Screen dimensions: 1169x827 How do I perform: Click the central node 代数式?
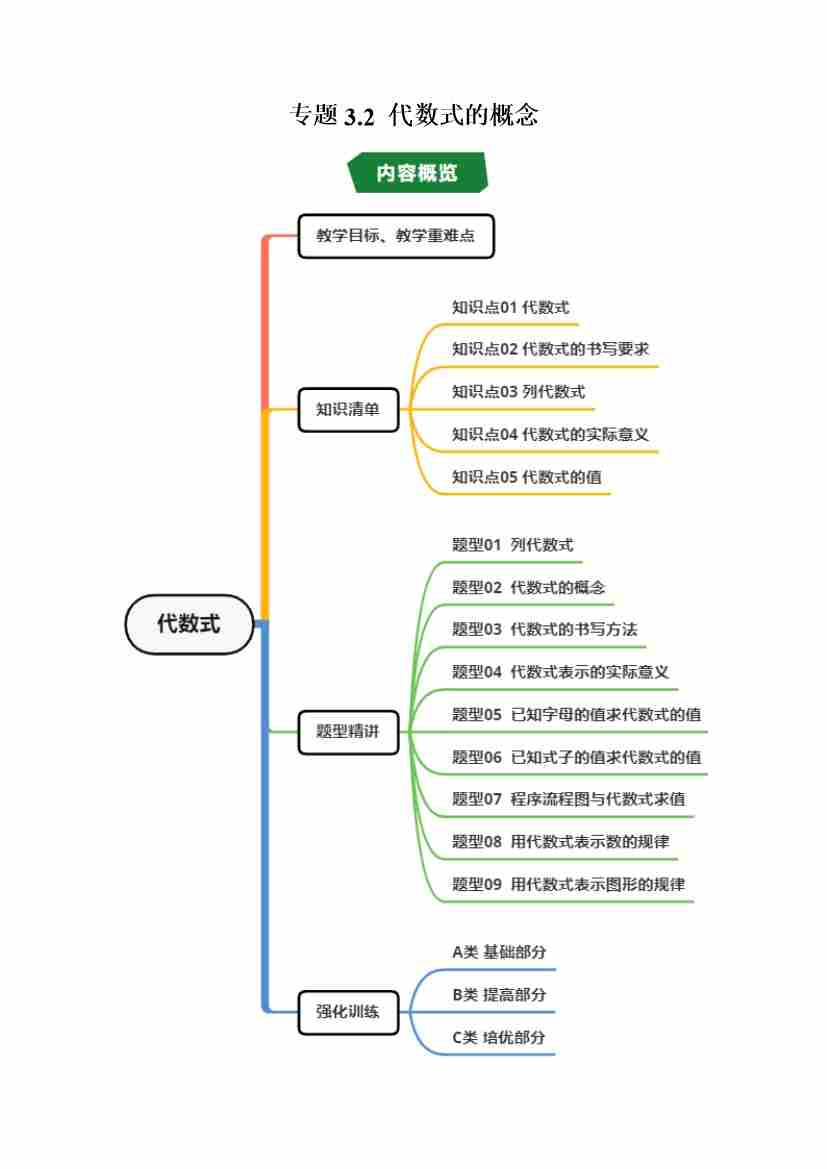click(x=189, y=624)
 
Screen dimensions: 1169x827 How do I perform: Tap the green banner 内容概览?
click(x=417, y=172)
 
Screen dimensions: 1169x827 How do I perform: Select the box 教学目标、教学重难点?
click(x=396, y=236)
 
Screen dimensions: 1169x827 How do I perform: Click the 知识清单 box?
click(x=348, y=409)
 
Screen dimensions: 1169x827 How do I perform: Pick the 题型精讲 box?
click(x=348, y=731)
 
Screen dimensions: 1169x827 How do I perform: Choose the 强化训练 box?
click(x=348, y=1011)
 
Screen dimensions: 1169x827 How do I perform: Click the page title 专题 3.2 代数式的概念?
click(x=413, y=116)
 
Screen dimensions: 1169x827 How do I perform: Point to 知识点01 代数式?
click(x=510, y=308)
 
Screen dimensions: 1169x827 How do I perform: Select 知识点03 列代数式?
click(x=518, y=392)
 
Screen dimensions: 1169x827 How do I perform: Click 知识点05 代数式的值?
click(x=526, y=477)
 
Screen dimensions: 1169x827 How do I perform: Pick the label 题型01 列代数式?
click(x=512, y=545)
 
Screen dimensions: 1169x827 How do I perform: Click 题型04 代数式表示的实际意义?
click(x=560, y=672)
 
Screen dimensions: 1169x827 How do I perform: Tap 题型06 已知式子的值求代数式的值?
click(x=576, y=757)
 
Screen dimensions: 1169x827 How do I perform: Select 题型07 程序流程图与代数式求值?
click(x=568, y=799)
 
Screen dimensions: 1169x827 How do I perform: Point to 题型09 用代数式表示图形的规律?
click(x=568, y=884)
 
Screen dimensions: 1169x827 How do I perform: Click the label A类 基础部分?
click(x=499, y=952)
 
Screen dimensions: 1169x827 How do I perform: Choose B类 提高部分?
click(x=499, y=995)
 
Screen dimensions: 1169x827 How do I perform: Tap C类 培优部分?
click(x=499, y=1037)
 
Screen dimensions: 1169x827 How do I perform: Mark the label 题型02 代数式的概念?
click(x=528, y=588)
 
